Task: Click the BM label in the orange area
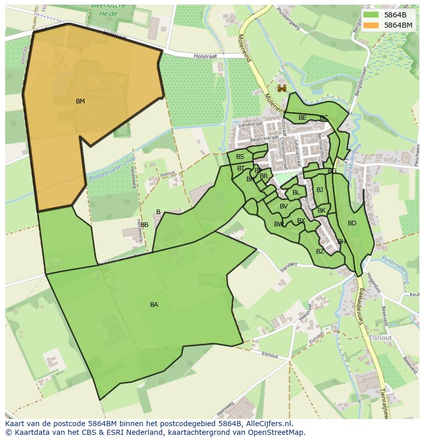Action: click(80, 101)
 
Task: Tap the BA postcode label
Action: click(154, 305)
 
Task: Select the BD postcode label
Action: click(352, 223)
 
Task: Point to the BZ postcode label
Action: click(320, 251)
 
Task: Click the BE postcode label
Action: click(303, 118)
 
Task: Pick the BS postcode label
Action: click(240, 157)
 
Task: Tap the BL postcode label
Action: click(296, 193)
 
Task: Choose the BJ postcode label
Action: click(320, 190)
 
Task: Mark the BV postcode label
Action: click(284, 206)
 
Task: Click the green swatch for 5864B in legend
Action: click(372, 15)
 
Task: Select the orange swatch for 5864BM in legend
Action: click(372, 25)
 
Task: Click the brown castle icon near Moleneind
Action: click(282, 88)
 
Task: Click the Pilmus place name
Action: click(167, 174)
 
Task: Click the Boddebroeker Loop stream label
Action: click(110, 170)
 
